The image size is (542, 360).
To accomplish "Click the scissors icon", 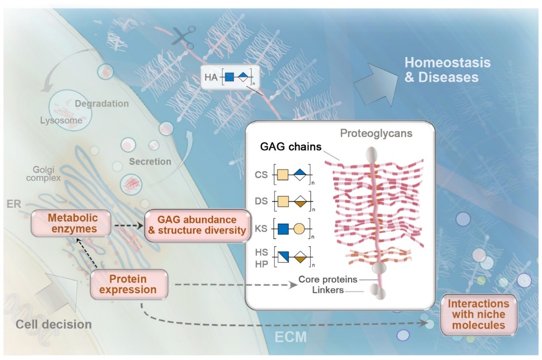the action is click(183, 37).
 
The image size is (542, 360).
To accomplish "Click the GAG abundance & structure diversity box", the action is click(198, 225).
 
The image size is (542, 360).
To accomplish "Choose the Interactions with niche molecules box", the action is click(479, 314).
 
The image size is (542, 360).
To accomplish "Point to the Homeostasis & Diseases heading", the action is click(447, 69).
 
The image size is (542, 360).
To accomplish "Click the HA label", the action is click(211, 77).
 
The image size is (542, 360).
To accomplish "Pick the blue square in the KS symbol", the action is click(283, 229).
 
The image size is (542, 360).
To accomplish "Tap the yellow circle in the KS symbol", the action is click(299, 229).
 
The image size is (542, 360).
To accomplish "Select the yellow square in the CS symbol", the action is click(283, 174).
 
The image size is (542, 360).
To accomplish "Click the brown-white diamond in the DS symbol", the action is click(300, 201).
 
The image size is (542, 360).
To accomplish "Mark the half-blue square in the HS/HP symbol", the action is click(283, 257).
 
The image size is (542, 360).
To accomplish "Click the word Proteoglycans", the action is click(376, 133).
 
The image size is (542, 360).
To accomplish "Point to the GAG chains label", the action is click(291, 146).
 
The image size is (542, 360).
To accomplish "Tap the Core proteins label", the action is click(327, 279).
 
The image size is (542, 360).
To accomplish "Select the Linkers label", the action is click(327, 290).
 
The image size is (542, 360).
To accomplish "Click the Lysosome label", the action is click(61, 121).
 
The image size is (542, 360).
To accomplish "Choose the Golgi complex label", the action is click(44, 174).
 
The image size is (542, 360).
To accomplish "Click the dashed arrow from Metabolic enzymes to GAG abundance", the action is click(129, 226).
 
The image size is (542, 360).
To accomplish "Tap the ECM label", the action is click(291, 337).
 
